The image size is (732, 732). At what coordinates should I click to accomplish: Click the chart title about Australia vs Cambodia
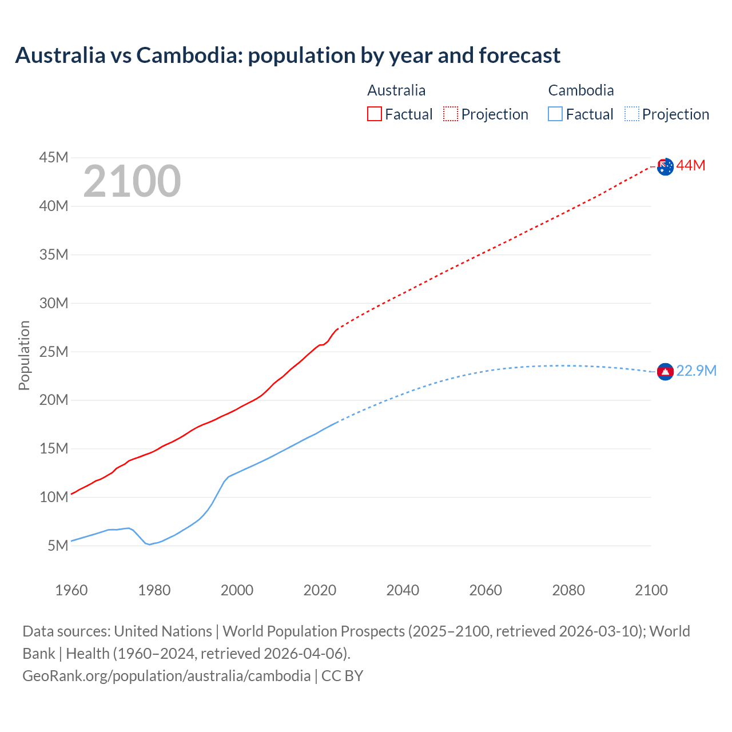click(x=288, y=55)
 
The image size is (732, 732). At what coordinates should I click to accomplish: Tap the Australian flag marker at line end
click(x=665, y=166)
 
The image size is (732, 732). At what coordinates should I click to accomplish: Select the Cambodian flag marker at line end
click(x=665, y=372)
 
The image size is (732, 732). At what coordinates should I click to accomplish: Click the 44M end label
click(x=691, y=166)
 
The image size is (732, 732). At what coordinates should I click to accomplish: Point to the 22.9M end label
click(x=697, y=371)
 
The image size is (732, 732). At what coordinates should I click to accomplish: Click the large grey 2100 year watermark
click(x=132, y=181)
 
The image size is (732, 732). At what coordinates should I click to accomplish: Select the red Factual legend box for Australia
click(x=375, y=114)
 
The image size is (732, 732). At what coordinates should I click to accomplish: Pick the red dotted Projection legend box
click(x=451, y=114)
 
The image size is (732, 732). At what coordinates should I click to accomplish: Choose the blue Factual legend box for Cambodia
click(x=555, y=114)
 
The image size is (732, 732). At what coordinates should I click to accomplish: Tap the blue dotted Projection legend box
click(x=632, y=114)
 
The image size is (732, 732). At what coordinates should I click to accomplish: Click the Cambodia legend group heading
click(x=581, y=90)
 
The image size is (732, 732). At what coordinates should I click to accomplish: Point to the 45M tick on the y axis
click(x=54, y=157)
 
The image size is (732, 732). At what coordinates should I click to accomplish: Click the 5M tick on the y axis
click(x=58, y=546)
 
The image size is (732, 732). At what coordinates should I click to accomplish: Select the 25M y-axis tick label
click(x=54, y=352)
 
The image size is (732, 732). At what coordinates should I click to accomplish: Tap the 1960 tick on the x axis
click(x=71, y=590)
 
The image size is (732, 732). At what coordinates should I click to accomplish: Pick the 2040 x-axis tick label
click(x=403, y=590)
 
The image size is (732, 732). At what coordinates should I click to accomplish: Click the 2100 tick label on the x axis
click(x=651, y=590)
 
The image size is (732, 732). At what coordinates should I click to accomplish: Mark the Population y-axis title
click(x=24, y=355)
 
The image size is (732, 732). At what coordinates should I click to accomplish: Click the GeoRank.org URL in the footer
click(x=166, y=676)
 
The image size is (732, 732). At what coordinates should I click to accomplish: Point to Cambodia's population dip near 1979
click(x=150, y=544)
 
